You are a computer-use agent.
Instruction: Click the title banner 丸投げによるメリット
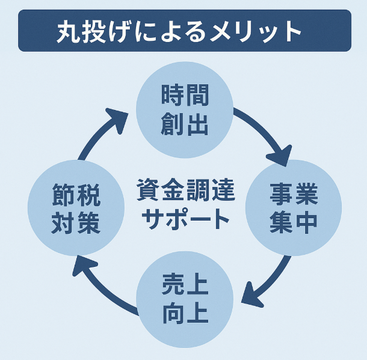coord(183,31)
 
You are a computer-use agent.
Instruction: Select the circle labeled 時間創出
coord(184,111)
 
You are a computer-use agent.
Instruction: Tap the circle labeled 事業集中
coord(294,209)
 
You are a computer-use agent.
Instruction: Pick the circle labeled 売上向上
coord(184,299)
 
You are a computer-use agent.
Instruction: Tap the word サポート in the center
coord(185,219)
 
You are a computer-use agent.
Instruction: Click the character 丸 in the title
coord(68,31)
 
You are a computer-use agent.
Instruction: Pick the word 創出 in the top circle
coord(184,124)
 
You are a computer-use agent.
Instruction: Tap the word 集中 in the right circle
coord(294,222)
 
